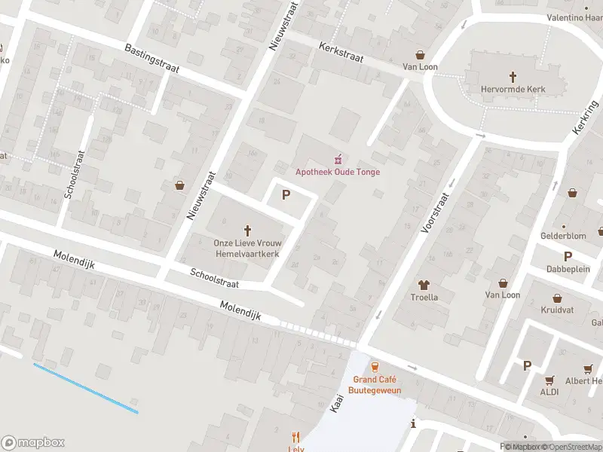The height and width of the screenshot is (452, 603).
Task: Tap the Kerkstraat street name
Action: pyautogui.click(x=341, y=51)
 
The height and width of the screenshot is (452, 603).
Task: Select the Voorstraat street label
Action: pyautogui.click(x=436, y=212)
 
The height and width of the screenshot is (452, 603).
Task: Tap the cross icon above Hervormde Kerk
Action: pyautogui.click(x=513, y=76)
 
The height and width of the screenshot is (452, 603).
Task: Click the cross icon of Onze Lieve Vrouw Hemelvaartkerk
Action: pyautogui.click(x=247, y=231)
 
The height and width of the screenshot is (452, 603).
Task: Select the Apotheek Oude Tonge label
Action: pyautogui.click(x=338, y=172)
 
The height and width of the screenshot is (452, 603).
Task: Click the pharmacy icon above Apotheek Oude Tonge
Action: pyautogui.click(x=338, y=158)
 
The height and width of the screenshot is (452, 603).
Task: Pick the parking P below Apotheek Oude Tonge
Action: pyautogui.click(x=286, y=195)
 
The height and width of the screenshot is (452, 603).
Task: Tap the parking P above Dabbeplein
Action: pyautogui.click(x=568, y=256)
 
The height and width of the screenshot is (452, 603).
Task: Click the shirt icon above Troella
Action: pyautogui.click(x=423, y=285)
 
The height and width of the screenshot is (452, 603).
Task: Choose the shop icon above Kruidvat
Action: pyautogui.click(x=557, y=298)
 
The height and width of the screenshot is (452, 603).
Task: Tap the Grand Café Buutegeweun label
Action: pyautogui.click(x=375, y=385)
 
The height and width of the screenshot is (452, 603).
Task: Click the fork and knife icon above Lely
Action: pyautogui.click(x=295, y=437)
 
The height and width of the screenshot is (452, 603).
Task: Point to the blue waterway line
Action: pyautogui.click(x=85, y=388)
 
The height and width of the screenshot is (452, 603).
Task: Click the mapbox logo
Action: pyautogui.click(x=33, y=442)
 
